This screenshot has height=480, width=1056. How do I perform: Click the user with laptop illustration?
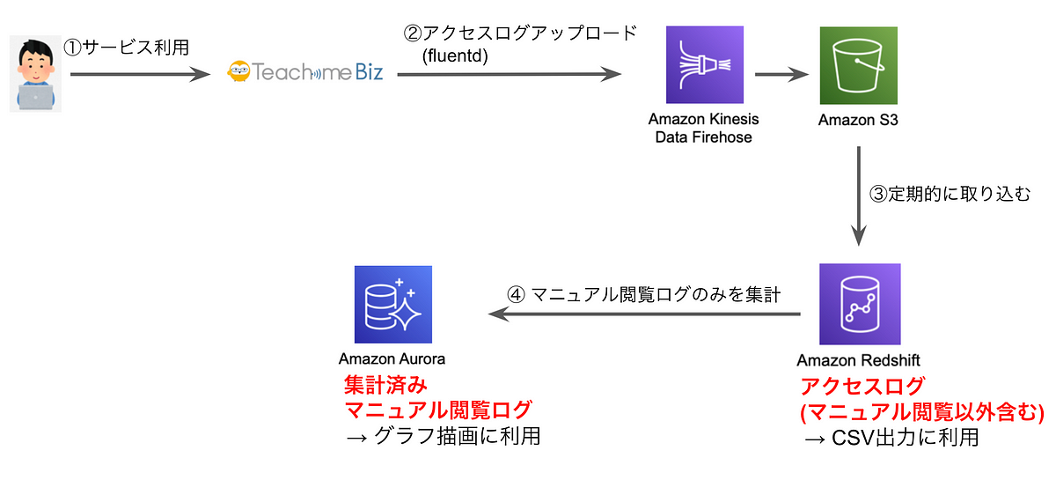(x=36, y=74)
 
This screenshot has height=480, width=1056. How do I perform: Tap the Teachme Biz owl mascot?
(x=238, y=71)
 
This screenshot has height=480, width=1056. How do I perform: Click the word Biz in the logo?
(x=369, y=71)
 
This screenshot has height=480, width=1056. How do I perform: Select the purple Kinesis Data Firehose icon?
(x=704, y=64)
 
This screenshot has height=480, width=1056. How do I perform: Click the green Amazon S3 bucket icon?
(x=859, y=65)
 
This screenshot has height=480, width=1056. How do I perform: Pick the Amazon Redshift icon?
(x=860, y=304)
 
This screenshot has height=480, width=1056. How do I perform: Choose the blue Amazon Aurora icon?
(x=393, y=305)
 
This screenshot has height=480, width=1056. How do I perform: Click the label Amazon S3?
(x=858, y=120)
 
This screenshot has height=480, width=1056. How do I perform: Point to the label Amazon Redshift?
(x=858, y=360)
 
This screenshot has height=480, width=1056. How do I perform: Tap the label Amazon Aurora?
(x=392, y=358)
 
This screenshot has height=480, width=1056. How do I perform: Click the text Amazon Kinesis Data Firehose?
(x=703, y=128)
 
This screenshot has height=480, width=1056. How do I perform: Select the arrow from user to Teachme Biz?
(x=140, y=74)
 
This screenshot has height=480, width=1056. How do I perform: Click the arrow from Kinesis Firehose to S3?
(x=781, y=74)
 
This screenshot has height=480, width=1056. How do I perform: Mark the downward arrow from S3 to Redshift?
(x=859, y=196)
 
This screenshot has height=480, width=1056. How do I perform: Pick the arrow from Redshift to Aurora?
(x=644, y=314)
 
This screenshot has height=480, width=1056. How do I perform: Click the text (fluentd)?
(x=455, y=55)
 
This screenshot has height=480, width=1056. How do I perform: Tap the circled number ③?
(x=879, y=194)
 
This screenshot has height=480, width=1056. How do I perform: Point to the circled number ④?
(x=516, y=295)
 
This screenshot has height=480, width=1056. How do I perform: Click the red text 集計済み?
(x=385, y=385)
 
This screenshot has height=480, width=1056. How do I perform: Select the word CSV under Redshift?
(x=852, y=438)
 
